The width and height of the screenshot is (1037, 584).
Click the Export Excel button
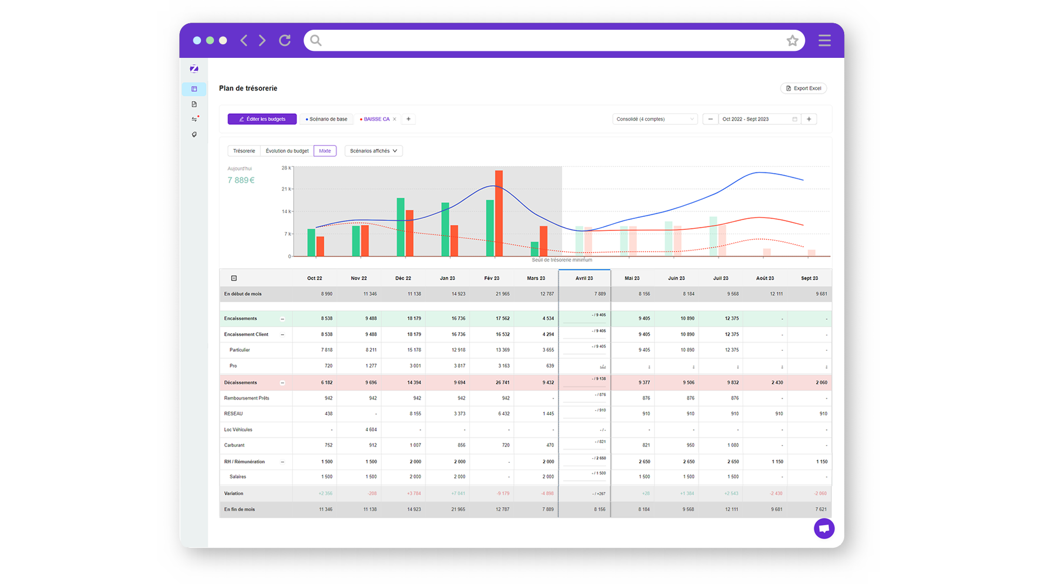(x=803, y=88)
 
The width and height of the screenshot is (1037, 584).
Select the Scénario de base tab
(x=327, y=119)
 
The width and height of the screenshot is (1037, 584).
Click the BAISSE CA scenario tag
(x=376, y=119)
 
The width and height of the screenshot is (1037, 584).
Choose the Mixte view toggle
(x=325, y=151)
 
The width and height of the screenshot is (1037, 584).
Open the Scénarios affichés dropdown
(x=373, y=151)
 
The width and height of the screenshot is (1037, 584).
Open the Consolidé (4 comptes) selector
(x=655, y=119)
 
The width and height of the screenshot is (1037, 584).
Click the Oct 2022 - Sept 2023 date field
(x=756, y=119)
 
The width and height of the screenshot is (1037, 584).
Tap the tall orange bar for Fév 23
(x=499, y=214)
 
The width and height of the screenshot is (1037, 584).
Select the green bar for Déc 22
(x=400, y=227)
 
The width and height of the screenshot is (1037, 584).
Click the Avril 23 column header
(x=584, y=278)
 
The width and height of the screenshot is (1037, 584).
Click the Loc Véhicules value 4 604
(x=371, y=430)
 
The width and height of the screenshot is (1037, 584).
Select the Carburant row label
(x=234, y=445)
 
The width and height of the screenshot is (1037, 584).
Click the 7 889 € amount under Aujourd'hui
(x=241, y=180)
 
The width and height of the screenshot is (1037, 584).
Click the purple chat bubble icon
(x=824, y=528)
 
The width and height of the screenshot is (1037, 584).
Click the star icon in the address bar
(x=792, y=41)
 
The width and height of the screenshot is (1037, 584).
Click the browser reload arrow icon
(x=285, y=41)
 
